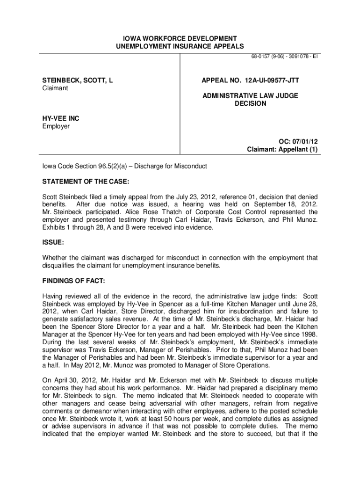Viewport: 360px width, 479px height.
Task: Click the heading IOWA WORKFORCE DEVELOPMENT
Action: click(x=180, y=38)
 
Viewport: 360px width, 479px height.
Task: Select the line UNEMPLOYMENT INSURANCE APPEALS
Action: click(x=180, y=46)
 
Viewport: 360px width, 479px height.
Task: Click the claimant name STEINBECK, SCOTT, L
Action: click(x=78, y=80)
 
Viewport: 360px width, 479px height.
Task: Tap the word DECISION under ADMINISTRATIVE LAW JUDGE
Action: click(x=250, y=103)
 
